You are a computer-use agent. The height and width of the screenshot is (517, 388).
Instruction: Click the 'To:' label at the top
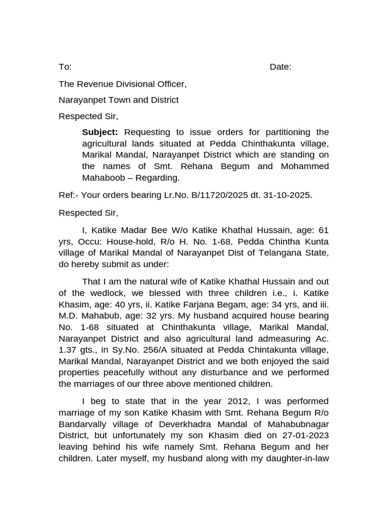pos(65,67)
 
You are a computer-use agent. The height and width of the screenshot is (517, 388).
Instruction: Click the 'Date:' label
pos(280,67)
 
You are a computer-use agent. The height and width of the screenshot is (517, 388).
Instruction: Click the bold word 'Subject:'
pos(100,132)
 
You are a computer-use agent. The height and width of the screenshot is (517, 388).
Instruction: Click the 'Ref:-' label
pos(68,195)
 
